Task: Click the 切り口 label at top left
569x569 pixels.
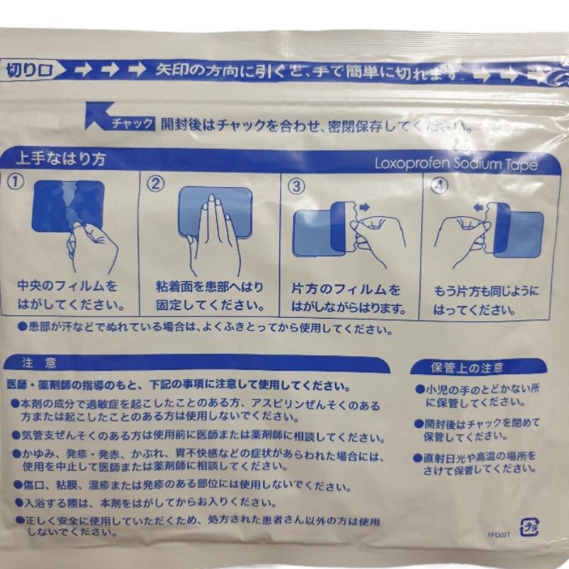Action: click(26, 70)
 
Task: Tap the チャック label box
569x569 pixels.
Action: click(132, 124)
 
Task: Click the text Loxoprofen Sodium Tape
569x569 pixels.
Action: click(455, 164)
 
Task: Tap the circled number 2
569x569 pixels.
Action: click(156, 183)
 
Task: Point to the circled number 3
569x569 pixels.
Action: click(296, 186)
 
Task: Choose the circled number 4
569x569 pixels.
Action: click(441, 186)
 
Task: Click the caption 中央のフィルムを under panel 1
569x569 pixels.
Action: click(68, 288)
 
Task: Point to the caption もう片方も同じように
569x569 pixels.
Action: click(486, 291)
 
